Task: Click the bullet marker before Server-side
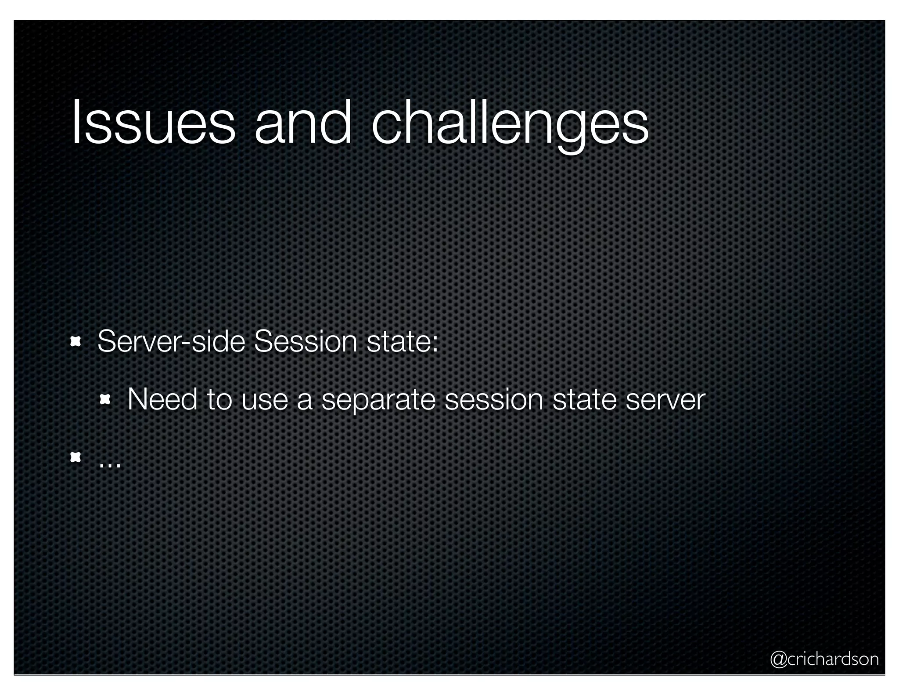[76, 342]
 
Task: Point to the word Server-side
[171, 342]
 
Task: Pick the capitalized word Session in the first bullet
[306, 342]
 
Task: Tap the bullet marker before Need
[105, 399]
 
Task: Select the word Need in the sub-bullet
[162, 399]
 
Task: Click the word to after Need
[219, 399]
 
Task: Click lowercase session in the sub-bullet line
[494, 399]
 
